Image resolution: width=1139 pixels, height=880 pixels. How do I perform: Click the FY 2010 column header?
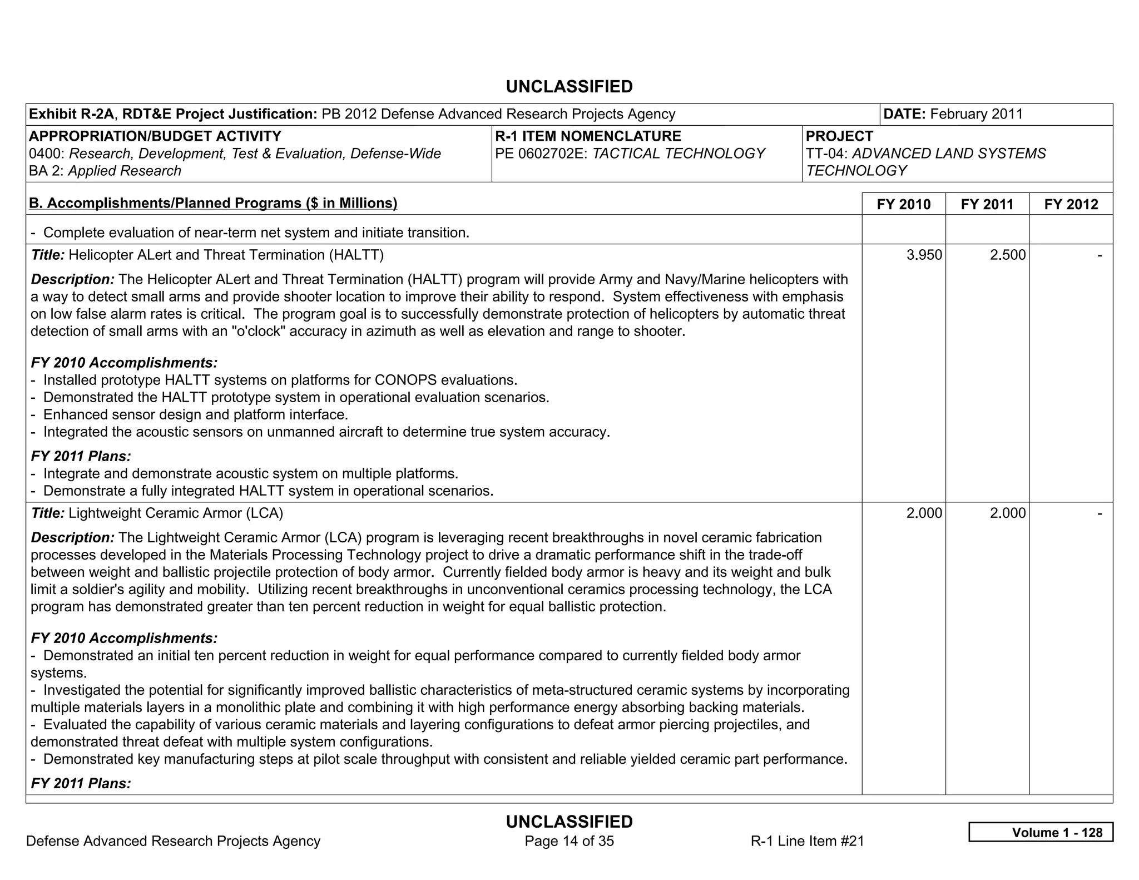pyautogui.click(x=903, y=204)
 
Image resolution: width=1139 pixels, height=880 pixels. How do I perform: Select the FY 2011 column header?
pyautogui.click(x=987, y=204)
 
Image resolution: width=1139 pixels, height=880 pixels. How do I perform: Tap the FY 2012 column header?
pyautogui.click(x=1071, y=204)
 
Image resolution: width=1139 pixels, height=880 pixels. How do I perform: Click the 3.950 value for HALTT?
pyautogui.click(x=924, y=255)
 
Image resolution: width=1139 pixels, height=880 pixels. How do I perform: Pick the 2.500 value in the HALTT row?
pyautogui.click(x=1007, y=255)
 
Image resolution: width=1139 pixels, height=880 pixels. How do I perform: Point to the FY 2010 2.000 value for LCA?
pyautogui.click(x=924, y=513)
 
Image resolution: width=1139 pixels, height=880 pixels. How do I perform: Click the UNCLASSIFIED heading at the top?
pyautogui.click(x=569, y=87)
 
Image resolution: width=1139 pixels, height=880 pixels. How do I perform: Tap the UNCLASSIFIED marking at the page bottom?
pyautogui.click(x=569, y=822)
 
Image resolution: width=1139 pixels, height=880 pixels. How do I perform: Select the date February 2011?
pyautogui.click(x=976, y=114)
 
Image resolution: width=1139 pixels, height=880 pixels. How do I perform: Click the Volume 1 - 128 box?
pyautogui.click(x=1041, y=832)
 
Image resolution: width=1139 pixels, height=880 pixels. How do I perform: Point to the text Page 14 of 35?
pyautogui.click(x=569, y=841)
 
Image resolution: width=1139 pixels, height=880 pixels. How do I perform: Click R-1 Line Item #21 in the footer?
pyautogui.click(x=807, y=841)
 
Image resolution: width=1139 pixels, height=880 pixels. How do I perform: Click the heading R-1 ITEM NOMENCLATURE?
pyautogui.click(x=588, y=136)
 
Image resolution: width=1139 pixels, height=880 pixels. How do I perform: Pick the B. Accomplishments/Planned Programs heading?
pyautogui.click(x=213, y=203)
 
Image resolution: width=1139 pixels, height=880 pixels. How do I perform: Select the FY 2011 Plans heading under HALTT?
pyautogui.click(x=81, y=456)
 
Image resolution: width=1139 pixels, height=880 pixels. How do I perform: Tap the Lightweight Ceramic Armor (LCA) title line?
pyautogui.click(x=175, y=513)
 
